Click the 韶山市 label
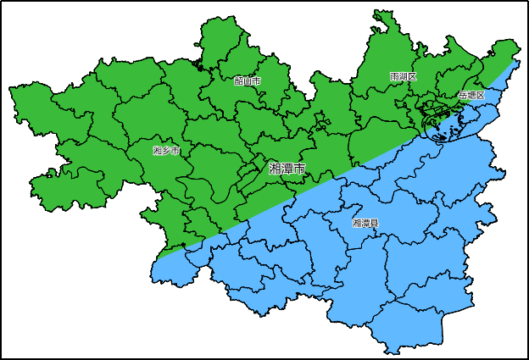click(247, 80)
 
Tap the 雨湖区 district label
click(404, 77)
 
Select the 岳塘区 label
click(471, 96)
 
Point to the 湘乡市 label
click(166, 151)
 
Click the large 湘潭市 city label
click(287, 169)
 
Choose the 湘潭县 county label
click(365, 224)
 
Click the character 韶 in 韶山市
click(238, 80)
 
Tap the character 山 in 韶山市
click(247, 80)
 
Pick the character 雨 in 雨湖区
click(395, 77)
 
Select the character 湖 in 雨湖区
click(404, 77)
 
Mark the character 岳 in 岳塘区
click(463, 96)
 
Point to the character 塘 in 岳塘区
click(471, 96)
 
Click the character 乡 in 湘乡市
click(166, 151)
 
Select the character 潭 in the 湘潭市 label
click(287, 169)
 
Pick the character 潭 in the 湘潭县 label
click(365, 224)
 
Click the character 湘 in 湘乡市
click(158, 151)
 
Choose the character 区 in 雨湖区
click(412, 77)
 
